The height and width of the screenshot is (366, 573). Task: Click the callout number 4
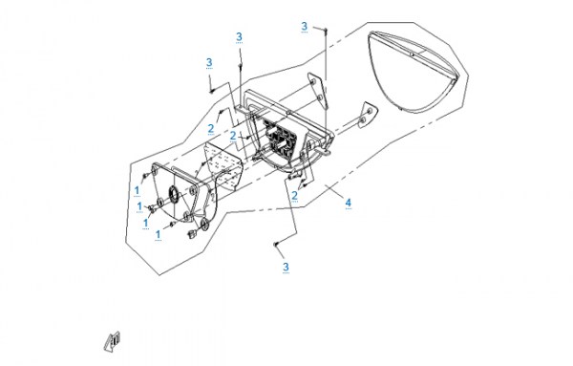click(349, 203)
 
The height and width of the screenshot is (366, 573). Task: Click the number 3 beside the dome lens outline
click(305, 27)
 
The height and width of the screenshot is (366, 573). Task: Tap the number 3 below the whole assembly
click(286, 267)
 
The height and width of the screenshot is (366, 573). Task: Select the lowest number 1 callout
click(158, 234)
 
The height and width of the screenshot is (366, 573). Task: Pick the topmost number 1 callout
click(137, 190)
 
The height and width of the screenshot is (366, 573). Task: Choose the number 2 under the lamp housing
click(294, 196)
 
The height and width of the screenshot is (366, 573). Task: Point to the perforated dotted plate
click(223, 165)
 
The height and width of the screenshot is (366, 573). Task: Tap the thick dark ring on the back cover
click(173, 193)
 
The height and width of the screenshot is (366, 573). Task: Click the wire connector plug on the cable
click(190, 233)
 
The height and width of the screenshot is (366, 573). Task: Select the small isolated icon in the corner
click(112, 341)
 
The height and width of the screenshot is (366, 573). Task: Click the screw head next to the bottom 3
click(276, 244)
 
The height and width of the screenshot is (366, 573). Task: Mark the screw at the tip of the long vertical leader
click(326, 29)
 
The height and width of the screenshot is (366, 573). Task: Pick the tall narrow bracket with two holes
click(318, 91)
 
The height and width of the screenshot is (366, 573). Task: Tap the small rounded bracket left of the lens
click(367, 115)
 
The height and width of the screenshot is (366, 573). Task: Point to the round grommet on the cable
click(204, 225)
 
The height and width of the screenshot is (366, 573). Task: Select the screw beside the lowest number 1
click(171, 225)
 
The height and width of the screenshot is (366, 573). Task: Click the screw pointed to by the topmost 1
click(145, 176)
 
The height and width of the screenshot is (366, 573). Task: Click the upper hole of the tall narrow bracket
click(313, 81)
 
